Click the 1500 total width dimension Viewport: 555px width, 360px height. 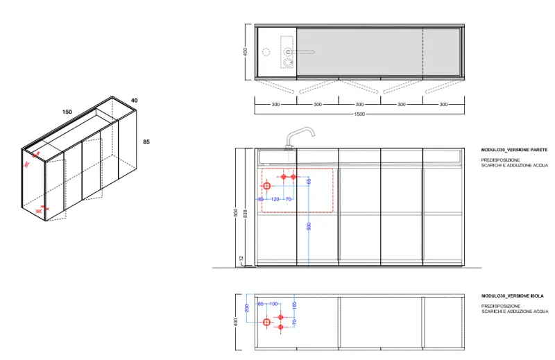[359, 114]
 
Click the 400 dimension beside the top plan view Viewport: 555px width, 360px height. [246, 51]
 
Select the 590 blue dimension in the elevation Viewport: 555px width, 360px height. [309, 225]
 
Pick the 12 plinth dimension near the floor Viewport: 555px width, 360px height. [241, 259]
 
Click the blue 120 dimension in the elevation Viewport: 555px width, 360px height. [275, 199]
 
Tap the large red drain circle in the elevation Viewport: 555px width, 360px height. [266, 186]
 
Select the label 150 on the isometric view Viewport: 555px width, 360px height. [67, 112]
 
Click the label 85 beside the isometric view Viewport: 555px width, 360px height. [146, 142]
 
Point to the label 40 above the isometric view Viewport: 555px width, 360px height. [134, 101]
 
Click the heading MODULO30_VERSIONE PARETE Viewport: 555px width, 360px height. [514, 150]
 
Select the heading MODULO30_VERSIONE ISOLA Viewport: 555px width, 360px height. [512, 296]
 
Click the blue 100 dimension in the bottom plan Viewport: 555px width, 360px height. [273, 304]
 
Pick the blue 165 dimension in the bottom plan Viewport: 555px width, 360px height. [294, 305]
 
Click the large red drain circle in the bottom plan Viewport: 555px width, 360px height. [266, 323]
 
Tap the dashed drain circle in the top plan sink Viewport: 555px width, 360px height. [289, 63]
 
